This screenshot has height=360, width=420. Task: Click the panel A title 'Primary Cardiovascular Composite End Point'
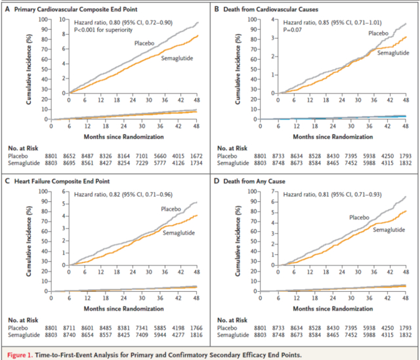coord(76,9)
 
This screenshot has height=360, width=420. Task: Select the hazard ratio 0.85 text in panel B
coord(333,22)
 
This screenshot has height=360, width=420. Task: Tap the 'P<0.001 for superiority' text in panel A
coord(103,30)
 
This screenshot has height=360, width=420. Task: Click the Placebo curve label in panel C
coord(171,209)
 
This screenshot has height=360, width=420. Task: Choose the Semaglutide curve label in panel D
coord(389,230)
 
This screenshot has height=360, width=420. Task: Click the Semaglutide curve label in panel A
coord(177,58)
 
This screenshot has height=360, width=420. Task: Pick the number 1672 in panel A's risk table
coord(196,156)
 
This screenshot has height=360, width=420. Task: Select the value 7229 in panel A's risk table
coord(142,163)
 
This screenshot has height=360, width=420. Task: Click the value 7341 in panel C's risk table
coord(142,328)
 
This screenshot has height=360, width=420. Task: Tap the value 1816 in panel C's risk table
coord(196,335)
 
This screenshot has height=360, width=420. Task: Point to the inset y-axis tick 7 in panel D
coord(273,191)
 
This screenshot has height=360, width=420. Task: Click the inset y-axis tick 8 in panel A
coord(64,34)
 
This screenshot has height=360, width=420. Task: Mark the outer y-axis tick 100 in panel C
coord(43,191)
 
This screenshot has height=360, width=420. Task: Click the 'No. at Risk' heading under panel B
coord(232,148)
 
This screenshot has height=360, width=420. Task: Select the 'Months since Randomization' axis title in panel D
coord(333,309)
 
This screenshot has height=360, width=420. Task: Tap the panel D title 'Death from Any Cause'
coord(254,181)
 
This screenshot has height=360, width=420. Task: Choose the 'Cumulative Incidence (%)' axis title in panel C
coord(29,241)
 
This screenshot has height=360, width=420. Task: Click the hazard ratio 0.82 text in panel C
coord(123,194)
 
